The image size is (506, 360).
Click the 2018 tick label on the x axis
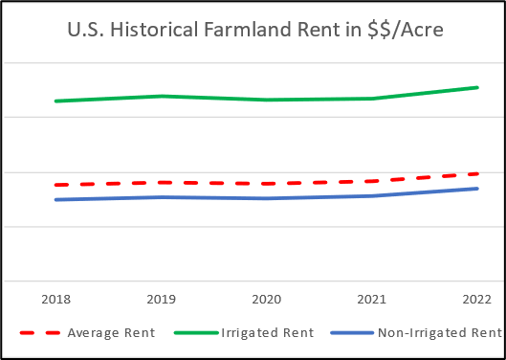pos(55,299)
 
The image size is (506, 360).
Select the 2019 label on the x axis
pos(161,299)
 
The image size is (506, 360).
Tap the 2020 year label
pos(267,299)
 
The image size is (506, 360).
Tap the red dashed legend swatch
pos(42,333)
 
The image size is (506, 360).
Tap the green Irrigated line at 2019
pos(161,96)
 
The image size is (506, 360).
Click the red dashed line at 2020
pos(267,183)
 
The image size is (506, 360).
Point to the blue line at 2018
pos(55,199)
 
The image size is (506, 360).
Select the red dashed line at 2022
pos(475,174)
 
